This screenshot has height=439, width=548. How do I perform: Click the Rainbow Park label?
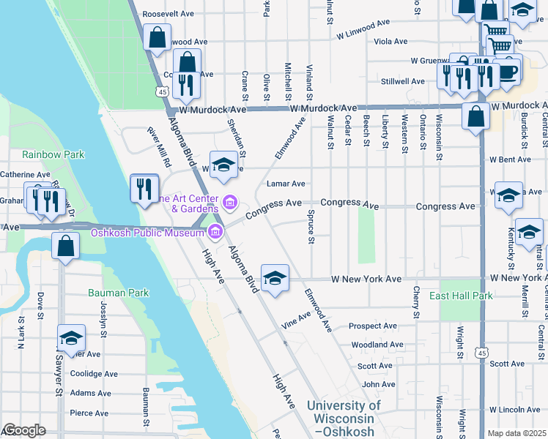[53, 154]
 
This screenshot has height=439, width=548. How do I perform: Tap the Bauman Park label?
[118, 293]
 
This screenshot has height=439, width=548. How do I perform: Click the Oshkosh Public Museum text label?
[146, 233]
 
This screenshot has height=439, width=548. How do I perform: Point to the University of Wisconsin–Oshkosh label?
[344, 418]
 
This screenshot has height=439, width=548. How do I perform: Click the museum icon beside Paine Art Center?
[230, 200]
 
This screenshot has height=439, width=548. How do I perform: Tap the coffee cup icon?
[508, 72]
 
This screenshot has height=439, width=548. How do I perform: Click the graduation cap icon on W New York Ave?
[275, 278]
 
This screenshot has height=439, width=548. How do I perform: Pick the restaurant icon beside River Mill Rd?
[144, 189]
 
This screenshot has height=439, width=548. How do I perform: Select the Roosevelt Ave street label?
[168, 14]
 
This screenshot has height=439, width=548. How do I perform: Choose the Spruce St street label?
[311, 227]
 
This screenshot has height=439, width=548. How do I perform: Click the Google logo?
[24, 430]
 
